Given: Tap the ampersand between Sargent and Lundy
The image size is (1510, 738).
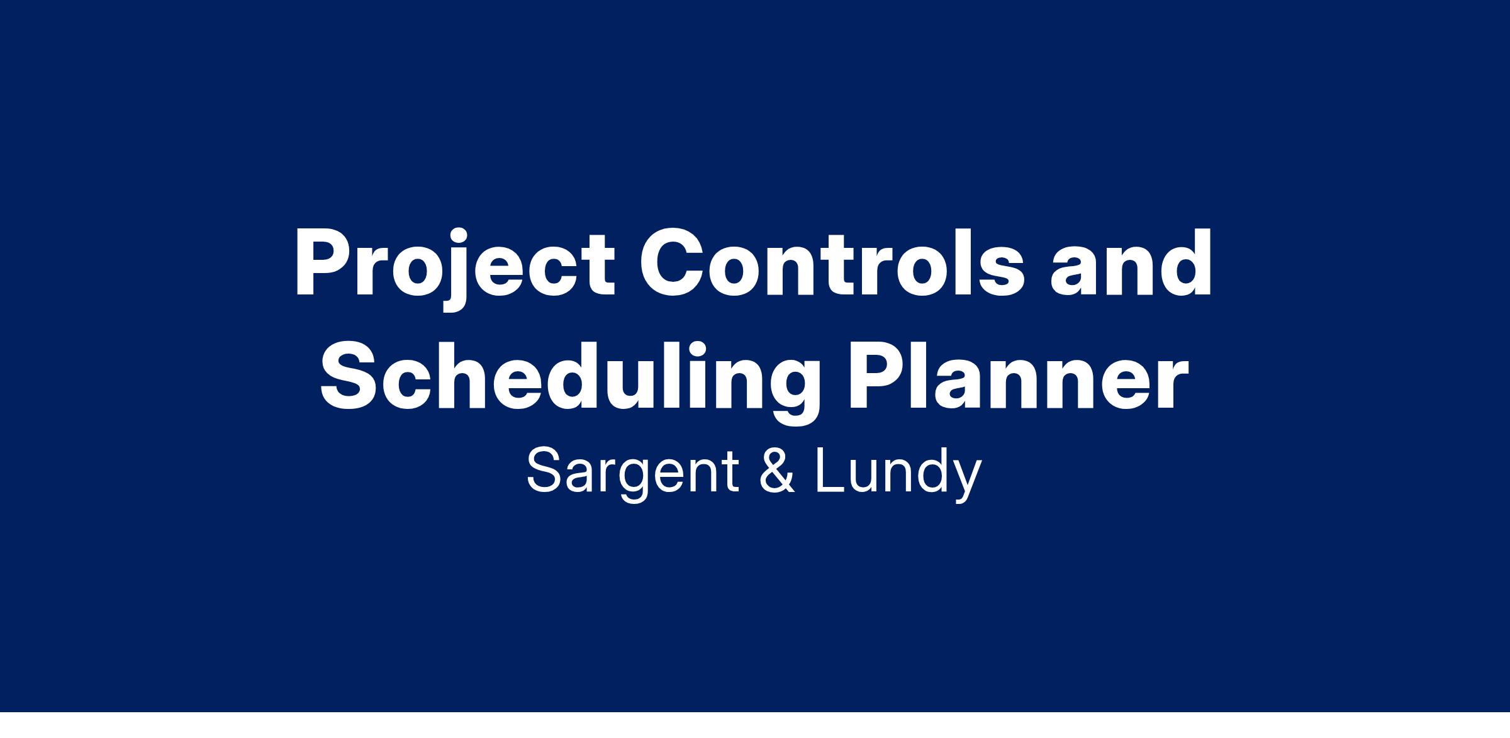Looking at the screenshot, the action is [x=778, y=471].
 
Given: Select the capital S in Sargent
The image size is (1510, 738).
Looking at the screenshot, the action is [x=545, y=471].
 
